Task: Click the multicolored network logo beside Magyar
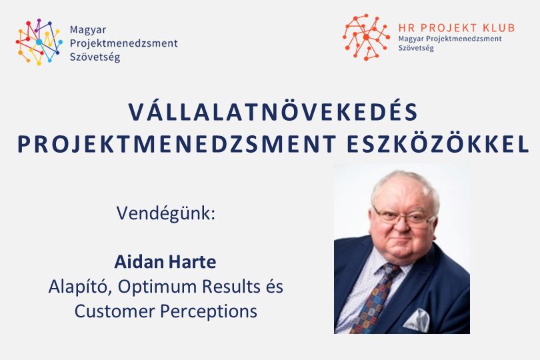click(x=39, y=42)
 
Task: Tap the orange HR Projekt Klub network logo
click(x=366, y=37)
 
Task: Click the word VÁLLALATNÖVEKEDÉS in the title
click(x=273, y=111)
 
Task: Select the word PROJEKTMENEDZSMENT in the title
click(x=177, y=144)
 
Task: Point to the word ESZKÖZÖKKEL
click(x=438, y=143)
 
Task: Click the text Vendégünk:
click(x=165, y=213)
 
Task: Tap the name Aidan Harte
click(x=165, y=262)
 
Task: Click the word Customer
click(x=115, y=311)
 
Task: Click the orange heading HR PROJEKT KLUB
click(x=456, y=27)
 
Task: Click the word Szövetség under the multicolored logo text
click(x=95, y=57)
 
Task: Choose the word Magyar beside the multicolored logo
click(x=88, y=30)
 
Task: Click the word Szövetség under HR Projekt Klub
click(x=416, y=48)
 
